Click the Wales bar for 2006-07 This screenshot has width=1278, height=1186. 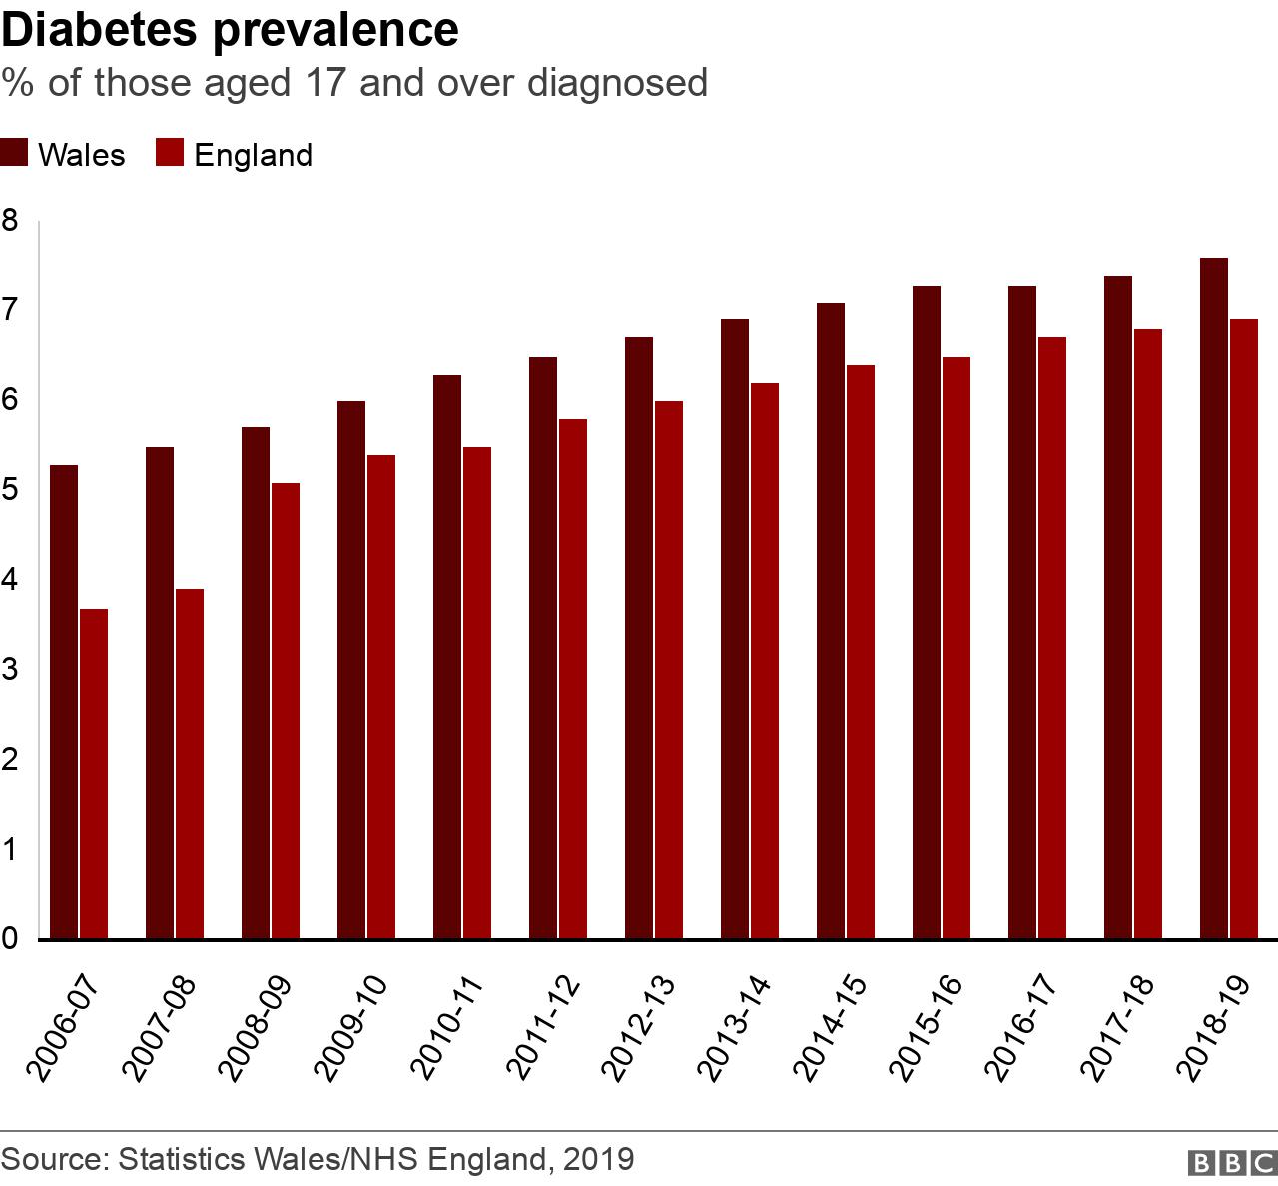[x=64, y=702]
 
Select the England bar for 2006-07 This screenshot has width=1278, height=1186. [x=94, y=774]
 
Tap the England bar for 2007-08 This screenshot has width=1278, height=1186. [x=190, y=764]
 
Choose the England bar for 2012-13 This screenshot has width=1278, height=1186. [x=669, y=670]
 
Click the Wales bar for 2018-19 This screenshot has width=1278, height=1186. [x=1214, y=598]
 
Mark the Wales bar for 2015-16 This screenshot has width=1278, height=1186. [x=927, y=612]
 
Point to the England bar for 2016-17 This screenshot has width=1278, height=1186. [x=1052, y=638]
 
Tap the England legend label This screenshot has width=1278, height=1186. [x=253, y=155]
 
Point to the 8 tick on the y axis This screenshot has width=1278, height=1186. [x=10, y=221]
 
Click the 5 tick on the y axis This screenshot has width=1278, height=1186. [x=10, y=490]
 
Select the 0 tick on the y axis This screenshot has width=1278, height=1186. [x=10, y=939]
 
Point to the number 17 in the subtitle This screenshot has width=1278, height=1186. [x=321, y=82]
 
